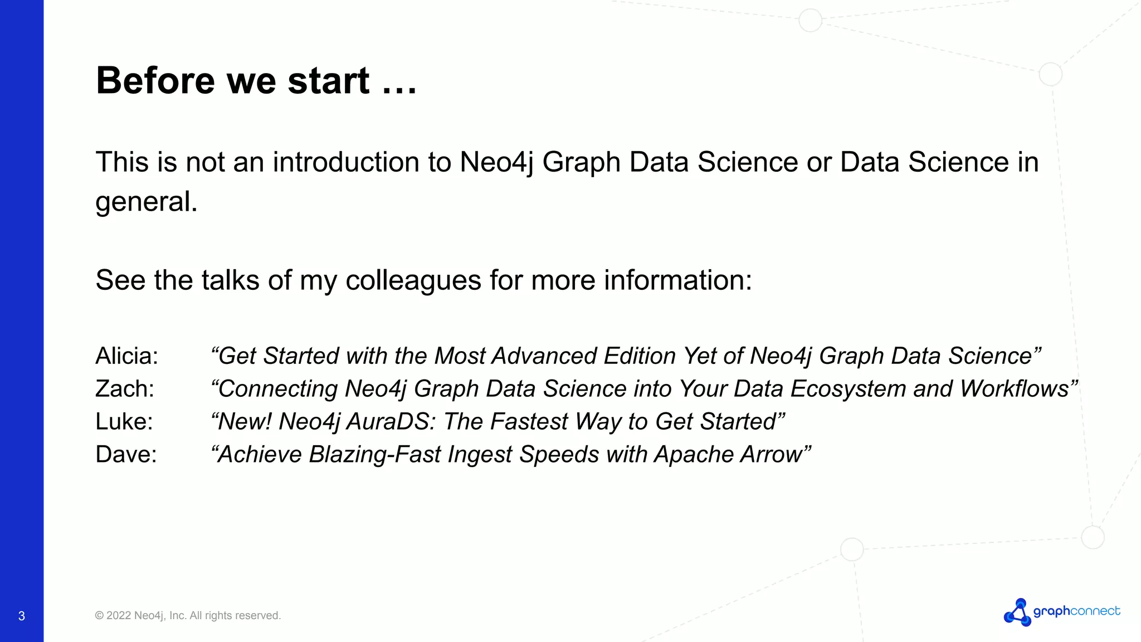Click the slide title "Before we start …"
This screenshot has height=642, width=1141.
click(x=256, y=81)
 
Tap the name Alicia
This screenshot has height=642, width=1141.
click(x=127, y=356)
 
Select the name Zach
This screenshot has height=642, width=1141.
click(x=125, y=389)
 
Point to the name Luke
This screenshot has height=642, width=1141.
click(x=124, y=422)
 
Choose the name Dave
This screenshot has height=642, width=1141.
click(x=126, y=455)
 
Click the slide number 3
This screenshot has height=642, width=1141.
click(x=22, y=616)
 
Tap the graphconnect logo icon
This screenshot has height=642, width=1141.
click(x=1017, y=612)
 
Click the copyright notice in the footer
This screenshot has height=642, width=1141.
click(x=188, y=616)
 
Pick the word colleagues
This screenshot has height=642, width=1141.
click(x=413, y=280)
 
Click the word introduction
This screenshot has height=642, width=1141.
click(x=346, y=163)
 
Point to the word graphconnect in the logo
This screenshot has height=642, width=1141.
click(x=1076, y=611)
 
